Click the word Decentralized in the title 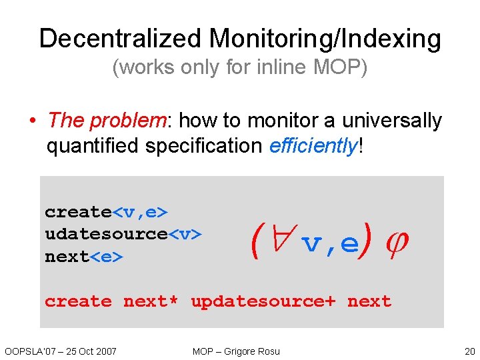pos(121,39)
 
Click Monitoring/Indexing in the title pos(325,39)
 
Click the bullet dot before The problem pos(31,121)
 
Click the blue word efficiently pos(313,146)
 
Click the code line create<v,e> pos(106,212)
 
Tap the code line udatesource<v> pos(123,234)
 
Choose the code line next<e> pos(84,257)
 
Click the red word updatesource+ pos(263,301)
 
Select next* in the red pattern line pos(151,301)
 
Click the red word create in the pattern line pos(78,301)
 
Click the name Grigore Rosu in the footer pos(254,351)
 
